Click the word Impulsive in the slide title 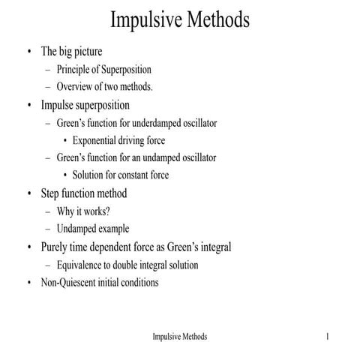tap(142, 19)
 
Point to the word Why tap(66, 211)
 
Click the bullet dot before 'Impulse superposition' tap(28, 105)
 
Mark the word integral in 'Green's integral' tap(214, 247)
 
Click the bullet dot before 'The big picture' tap(28, 52)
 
